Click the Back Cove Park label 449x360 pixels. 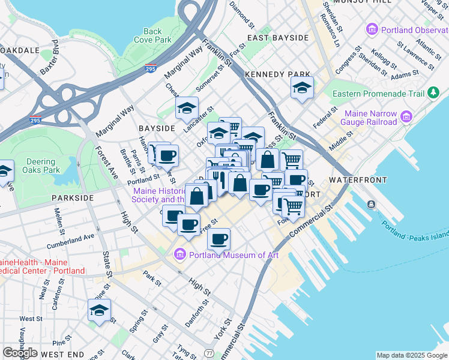153,35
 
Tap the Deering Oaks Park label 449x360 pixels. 44,166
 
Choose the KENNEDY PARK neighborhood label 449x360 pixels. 277,74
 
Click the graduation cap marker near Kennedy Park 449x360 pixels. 302,88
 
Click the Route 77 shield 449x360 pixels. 208,354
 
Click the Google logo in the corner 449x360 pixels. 20,353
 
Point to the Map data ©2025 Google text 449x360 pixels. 411,355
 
